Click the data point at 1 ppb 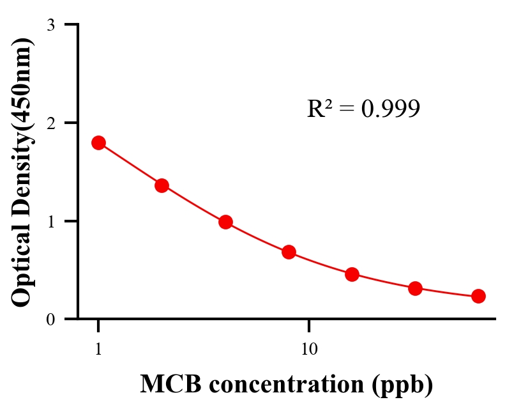pyautogui.click(x=98, y=143)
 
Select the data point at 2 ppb pyautogui.click(x=162, y=185)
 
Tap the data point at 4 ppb pyautogui.click(x=225, y=222)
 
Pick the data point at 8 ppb pyautogui.click(x=289, y=252)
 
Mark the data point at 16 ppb pyautogui.click(x=352, y=274)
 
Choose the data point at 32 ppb pyautogui.click(x=415, y=288)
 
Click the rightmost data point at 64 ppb pyautogui.click(x=478, y=296)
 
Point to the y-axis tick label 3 pyautogui.click(x=50, y=25)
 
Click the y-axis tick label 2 pyautogui.click(x=50, y=123)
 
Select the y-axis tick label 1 pyautogui.click(x=50, y=221)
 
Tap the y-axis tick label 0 pyautogui.click(x=50, y=320)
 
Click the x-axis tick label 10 pyautogui.click(x=309, y=350)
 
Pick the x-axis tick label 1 pyautogui.click(x=98, y=350)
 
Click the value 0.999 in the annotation pyautogui.click(x=390, y=109)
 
